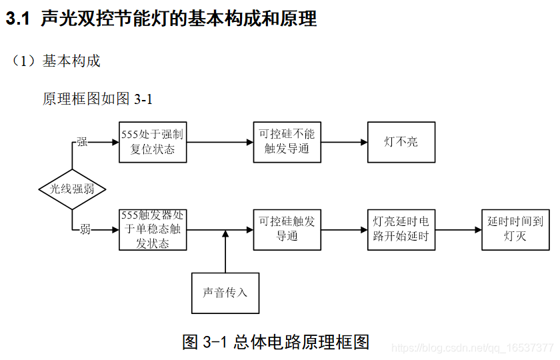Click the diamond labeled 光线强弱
pos(72,189)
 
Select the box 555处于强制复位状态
pos(153,142)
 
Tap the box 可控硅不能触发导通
pos(287,142)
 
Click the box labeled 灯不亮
pos(401,142)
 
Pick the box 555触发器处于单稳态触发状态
pos(153,229)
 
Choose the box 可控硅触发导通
pos(287,229)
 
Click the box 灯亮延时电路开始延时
pos(401,229)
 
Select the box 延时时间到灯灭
pos(515,229)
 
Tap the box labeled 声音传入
pos(225,293)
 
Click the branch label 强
pos(82,142)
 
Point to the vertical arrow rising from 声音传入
pos(225,252)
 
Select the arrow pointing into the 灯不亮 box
pos(344,142)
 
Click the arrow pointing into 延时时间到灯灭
pos(459,230)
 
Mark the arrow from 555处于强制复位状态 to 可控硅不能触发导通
pos(219,142)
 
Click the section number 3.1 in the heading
pos(18,19)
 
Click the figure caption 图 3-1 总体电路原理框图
pos(275,342)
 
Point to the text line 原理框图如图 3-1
pos(98,99)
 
